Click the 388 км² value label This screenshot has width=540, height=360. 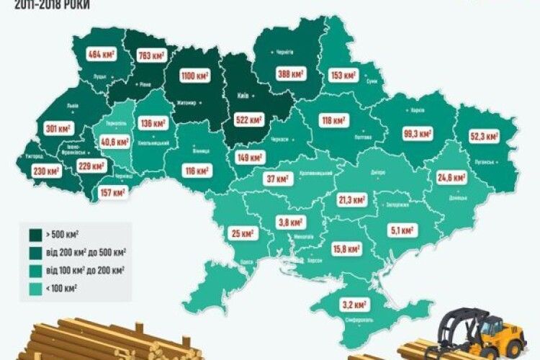coord(290,73)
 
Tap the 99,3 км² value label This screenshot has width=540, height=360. coord(418,133)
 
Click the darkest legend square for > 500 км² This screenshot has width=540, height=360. coord(32,235)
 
